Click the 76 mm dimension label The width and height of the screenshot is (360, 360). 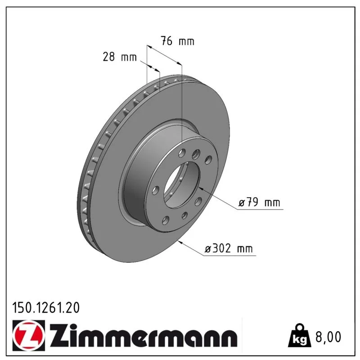[x=177, y=41]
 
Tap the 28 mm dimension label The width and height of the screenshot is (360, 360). [x=120, y=57]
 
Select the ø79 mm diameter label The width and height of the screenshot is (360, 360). [x=259, y=202]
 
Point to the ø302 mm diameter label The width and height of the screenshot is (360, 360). [x=229, y=248]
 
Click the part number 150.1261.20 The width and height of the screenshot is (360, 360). [x=46, y=308]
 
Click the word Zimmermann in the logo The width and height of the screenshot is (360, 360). [x=144, y=335]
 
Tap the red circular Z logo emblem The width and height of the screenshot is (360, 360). [x=29, y=335]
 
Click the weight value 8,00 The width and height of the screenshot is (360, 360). [x=328, y=337]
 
